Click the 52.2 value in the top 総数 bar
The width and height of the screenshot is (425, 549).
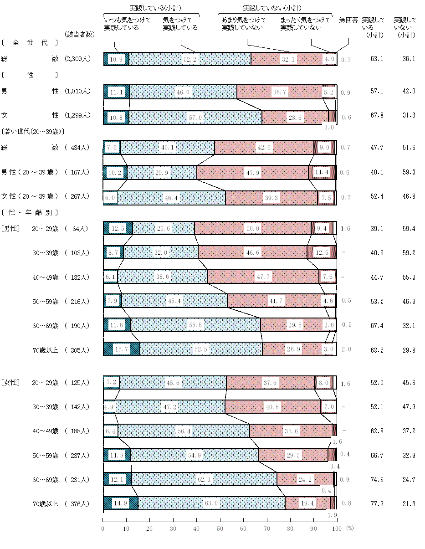pos(190,59)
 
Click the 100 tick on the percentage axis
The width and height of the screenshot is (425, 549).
pos(336,528)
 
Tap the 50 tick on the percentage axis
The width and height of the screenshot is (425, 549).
pos(220,528)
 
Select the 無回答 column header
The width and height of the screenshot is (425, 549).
pos(348,21)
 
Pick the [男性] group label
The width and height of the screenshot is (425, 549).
pos(10,229)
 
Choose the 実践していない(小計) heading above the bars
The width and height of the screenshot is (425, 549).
pos(271,8)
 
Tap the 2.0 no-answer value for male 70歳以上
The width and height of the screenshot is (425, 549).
pos(346,349)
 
